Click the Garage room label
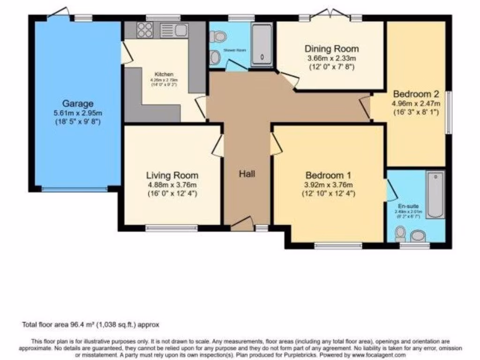[x=78, y=104]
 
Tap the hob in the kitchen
[x=145, y=30]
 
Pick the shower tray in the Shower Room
[x=262, y=44]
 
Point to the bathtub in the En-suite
[x=435, y=195]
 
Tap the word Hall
[x=247, y=174]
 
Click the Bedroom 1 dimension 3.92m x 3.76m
[x=328, y=184]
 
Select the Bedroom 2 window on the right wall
[x=449, y=112]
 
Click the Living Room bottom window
[x=171, y=228]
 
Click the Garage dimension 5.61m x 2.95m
[x=79, y=113]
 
